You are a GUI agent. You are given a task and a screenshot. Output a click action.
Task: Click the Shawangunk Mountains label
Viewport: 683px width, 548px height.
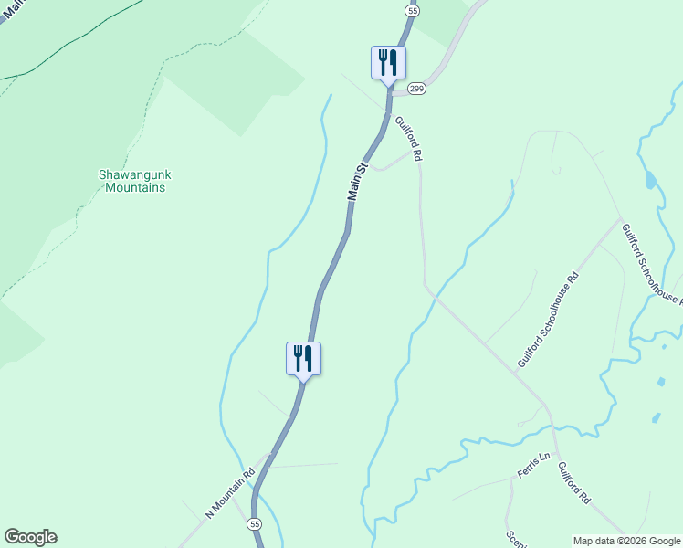(134, 181)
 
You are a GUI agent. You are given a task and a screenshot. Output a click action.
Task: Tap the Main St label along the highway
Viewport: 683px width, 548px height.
(357, 183)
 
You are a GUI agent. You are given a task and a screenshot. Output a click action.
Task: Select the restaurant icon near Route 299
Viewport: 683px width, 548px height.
(388, 63)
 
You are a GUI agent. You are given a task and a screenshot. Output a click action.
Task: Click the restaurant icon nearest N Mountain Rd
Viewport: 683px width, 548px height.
(303, 358)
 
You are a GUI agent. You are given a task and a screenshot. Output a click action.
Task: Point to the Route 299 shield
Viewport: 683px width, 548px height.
(417, 88)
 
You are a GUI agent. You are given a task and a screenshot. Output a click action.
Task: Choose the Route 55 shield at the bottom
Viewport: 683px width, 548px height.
(254, 524)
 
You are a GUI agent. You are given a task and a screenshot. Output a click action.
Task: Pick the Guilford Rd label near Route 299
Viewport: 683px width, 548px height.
(408, 139)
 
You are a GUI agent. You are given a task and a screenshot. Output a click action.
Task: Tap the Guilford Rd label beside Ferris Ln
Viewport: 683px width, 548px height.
(574, 483)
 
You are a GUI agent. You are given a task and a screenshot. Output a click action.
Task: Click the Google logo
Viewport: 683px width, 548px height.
(30, 537)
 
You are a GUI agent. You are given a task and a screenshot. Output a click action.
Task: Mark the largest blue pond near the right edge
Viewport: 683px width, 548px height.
(649, 179)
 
